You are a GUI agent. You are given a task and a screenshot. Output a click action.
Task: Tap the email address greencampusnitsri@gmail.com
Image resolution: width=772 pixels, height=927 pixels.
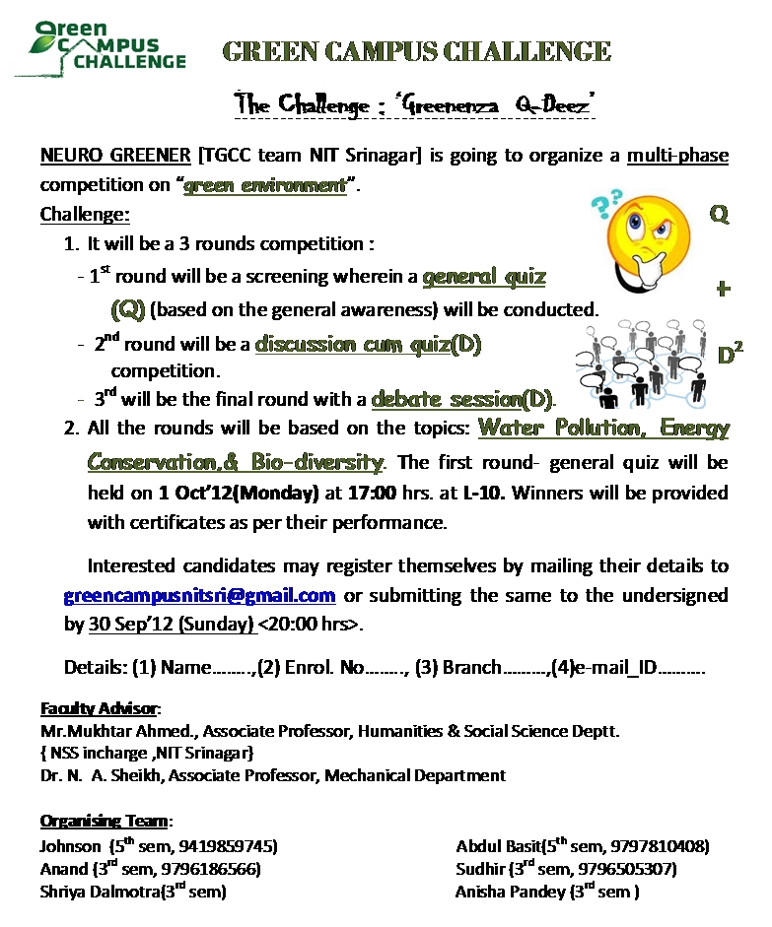(200, 596)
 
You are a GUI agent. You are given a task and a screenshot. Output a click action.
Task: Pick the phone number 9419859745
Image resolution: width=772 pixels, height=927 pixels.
(236, 846)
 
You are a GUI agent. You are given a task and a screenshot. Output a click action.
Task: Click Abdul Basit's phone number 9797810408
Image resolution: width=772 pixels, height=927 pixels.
(666, 846)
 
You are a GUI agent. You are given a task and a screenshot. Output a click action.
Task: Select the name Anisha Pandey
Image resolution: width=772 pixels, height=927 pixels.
(510, 893)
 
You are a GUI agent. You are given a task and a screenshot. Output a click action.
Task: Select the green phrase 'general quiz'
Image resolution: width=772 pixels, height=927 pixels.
(483, 278)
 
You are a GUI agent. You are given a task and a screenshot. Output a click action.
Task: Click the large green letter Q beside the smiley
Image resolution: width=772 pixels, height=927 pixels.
(721, 213)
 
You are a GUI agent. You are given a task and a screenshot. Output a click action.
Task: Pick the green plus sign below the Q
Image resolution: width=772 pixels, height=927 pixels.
(724, 289)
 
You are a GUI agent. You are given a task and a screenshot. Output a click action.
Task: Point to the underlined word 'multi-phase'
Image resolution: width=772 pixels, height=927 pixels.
(677, 156)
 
